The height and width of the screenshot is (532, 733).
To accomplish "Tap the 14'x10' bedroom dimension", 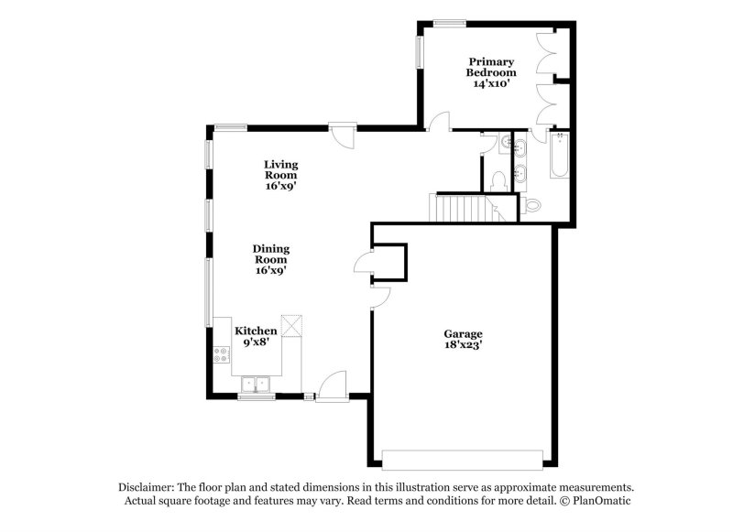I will tap(491, 83).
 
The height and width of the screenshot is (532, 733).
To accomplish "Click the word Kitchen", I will tap(256, 331).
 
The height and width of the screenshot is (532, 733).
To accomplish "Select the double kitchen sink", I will tap(256, 384).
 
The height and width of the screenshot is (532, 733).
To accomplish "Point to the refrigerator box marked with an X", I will tap(292, 325).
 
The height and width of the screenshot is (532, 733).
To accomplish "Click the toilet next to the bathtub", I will tap(534, 204).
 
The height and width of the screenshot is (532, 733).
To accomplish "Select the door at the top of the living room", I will tap(344, 136).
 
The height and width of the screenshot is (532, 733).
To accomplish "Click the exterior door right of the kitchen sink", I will tap(332, 385).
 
